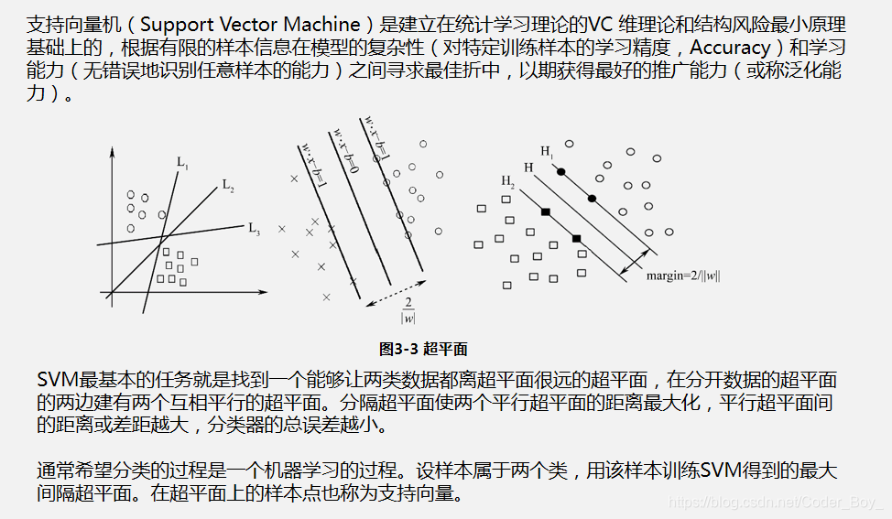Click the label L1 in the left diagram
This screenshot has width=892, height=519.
pyautogui.click(x=183, y=165)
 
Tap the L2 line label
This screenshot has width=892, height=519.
pyautogui.click(x=228, y=184)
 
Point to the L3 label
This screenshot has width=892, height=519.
pyautogui.click(x=255, y=227)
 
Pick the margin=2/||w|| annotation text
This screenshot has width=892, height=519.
pyautogui.click(x=683, y=275)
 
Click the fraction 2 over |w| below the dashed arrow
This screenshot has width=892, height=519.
pyautogui.click(x=408, y=310)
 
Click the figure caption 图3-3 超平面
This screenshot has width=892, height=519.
pyautogui.click(x=423, y=349)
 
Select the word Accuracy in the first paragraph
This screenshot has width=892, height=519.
pyautogui.click(x=729, y=47)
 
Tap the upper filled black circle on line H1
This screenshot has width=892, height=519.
pyautogui.click(x=561, y=172)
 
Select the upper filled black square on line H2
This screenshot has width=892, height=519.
pyautogui.click(x=545, y=212)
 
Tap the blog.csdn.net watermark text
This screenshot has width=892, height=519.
pyautogui.click(x=775, y=503)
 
